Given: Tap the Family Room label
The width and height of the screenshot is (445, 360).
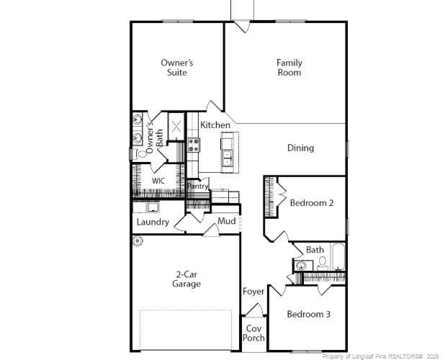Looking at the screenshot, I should coord(289,68).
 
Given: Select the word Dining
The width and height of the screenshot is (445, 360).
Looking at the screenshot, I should coord(300,148).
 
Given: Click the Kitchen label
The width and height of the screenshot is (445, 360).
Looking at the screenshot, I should coord(215,125).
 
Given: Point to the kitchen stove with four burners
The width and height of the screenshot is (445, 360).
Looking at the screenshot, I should coord(194,144).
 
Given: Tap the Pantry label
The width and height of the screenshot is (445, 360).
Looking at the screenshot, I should coord(198,186).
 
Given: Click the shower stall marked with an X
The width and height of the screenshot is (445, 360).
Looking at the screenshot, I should coord(176,127).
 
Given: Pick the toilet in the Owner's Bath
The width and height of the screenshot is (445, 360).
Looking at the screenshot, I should coord(136,153).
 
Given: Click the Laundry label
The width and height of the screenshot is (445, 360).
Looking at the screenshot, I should coord(153,222).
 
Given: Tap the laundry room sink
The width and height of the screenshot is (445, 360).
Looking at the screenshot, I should coord(153,207).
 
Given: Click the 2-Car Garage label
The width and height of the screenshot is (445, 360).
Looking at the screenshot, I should coord(186,279).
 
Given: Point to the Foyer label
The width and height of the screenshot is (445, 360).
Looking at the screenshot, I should coord(253,292).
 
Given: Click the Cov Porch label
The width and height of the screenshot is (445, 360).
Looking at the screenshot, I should coord(253,333).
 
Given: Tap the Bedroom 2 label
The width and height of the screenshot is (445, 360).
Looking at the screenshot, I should coord(311,203).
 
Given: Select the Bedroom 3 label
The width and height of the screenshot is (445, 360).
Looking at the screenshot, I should coord(309,314).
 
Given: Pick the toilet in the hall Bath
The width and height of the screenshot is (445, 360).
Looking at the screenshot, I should coord(323,262).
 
